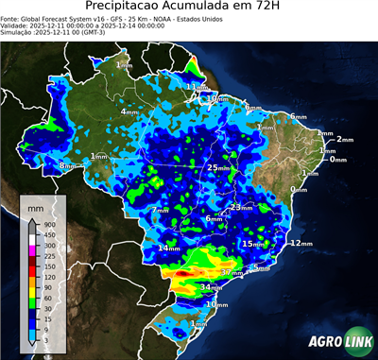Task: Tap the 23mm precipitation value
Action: coord(242,206)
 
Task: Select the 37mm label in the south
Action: coord(232,272)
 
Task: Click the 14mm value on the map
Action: coord(169,248)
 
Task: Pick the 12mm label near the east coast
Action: coord(300,243)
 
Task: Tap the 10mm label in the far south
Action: coord(217,304)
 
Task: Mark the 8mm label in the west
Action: coord(67,166)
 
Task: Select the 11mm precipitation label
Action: coord(196,87)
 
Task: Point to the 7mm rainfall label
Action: coord(160,210)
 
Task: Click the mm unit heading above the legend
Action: coord(35,204)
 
